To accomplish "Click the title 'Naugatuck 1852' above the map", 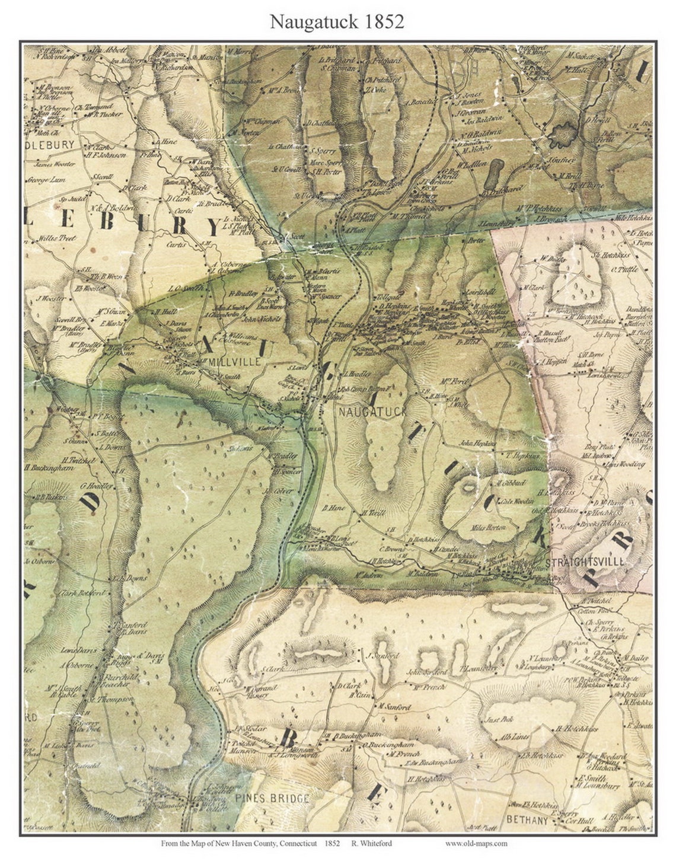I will click(x=337, y=22).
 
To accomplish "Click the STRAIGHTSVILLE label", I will click(x=583, y=561).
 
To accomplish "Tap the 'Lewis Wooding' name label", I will click(x=624, y=464).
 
